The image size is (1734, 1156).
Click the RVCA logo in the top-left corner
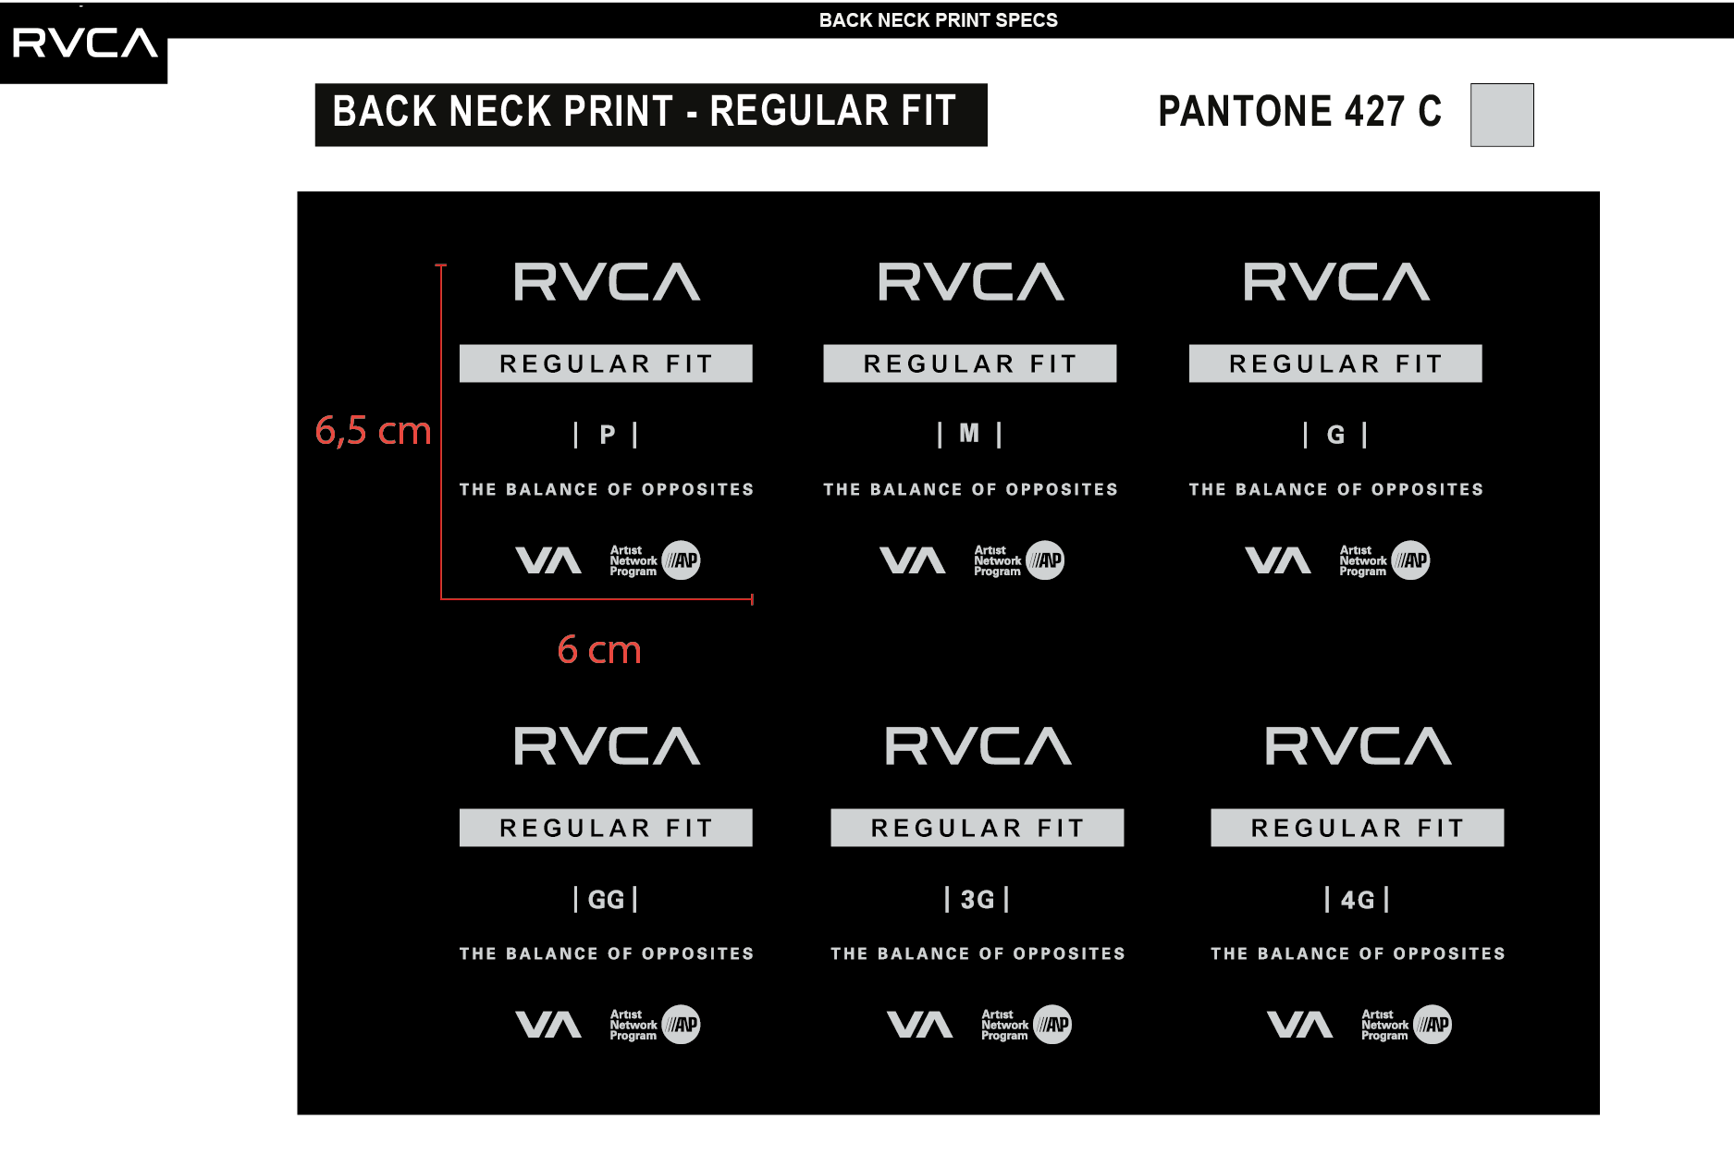click(x=84, y=43)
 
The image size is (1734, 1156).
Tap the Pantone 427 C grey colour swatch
click(x=1502, y=115)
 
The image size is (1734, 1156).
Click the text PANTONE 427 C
click(x=1299, y=112)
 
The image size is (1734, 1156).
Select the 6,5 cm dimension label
click(x=373, y=431)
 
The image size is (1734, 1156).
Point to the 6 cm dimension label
click(x=599, y=649)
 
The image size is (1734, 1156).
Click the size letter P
click(x=608, y=435)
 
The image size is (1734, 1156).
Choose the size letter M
click(x=969, y=433)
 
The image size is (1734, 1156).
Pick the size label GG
click(x=607, y=900)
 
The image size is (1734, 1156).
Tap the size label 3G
click(x=978, y=900)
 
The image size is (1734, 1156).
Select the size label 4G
click(x=1358, y=900)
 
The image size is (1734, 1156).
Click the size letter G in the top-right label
click(x=1335, y=435)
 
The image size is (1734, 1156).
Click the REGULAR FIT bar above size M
click(x=970, y=363)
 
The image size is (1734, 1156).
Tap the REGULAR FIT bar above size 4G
click(x=1358, y=828)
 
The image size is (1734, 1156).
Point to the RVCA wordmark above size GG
click(x=607, y=745)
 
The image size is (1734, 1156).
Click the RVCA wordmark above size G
click(x=1336, y=281)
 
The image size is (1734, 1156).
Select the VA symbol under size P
click(x=548, y=560)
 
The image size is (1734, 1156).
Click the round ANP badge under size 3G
click(x=1052, y=1025)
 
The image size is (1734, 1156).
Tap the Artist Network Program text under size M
click(x=997, y=560)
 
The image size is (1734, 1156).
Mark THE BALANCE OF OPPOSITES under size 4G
click(x=1358, y=953)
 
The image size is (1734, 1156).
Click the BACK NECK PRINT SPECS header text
click(x=938, y=20)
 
